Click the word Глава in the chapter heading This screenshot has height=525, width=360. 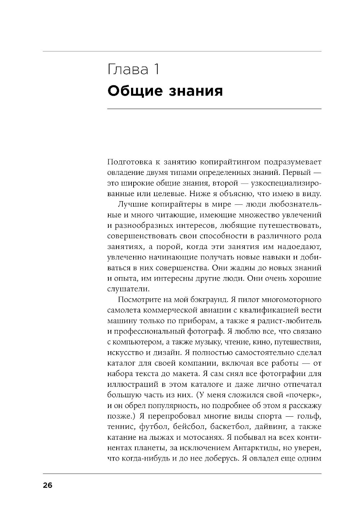coord(128,69)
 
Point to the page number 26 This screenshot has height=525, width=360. coord(48,485)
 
